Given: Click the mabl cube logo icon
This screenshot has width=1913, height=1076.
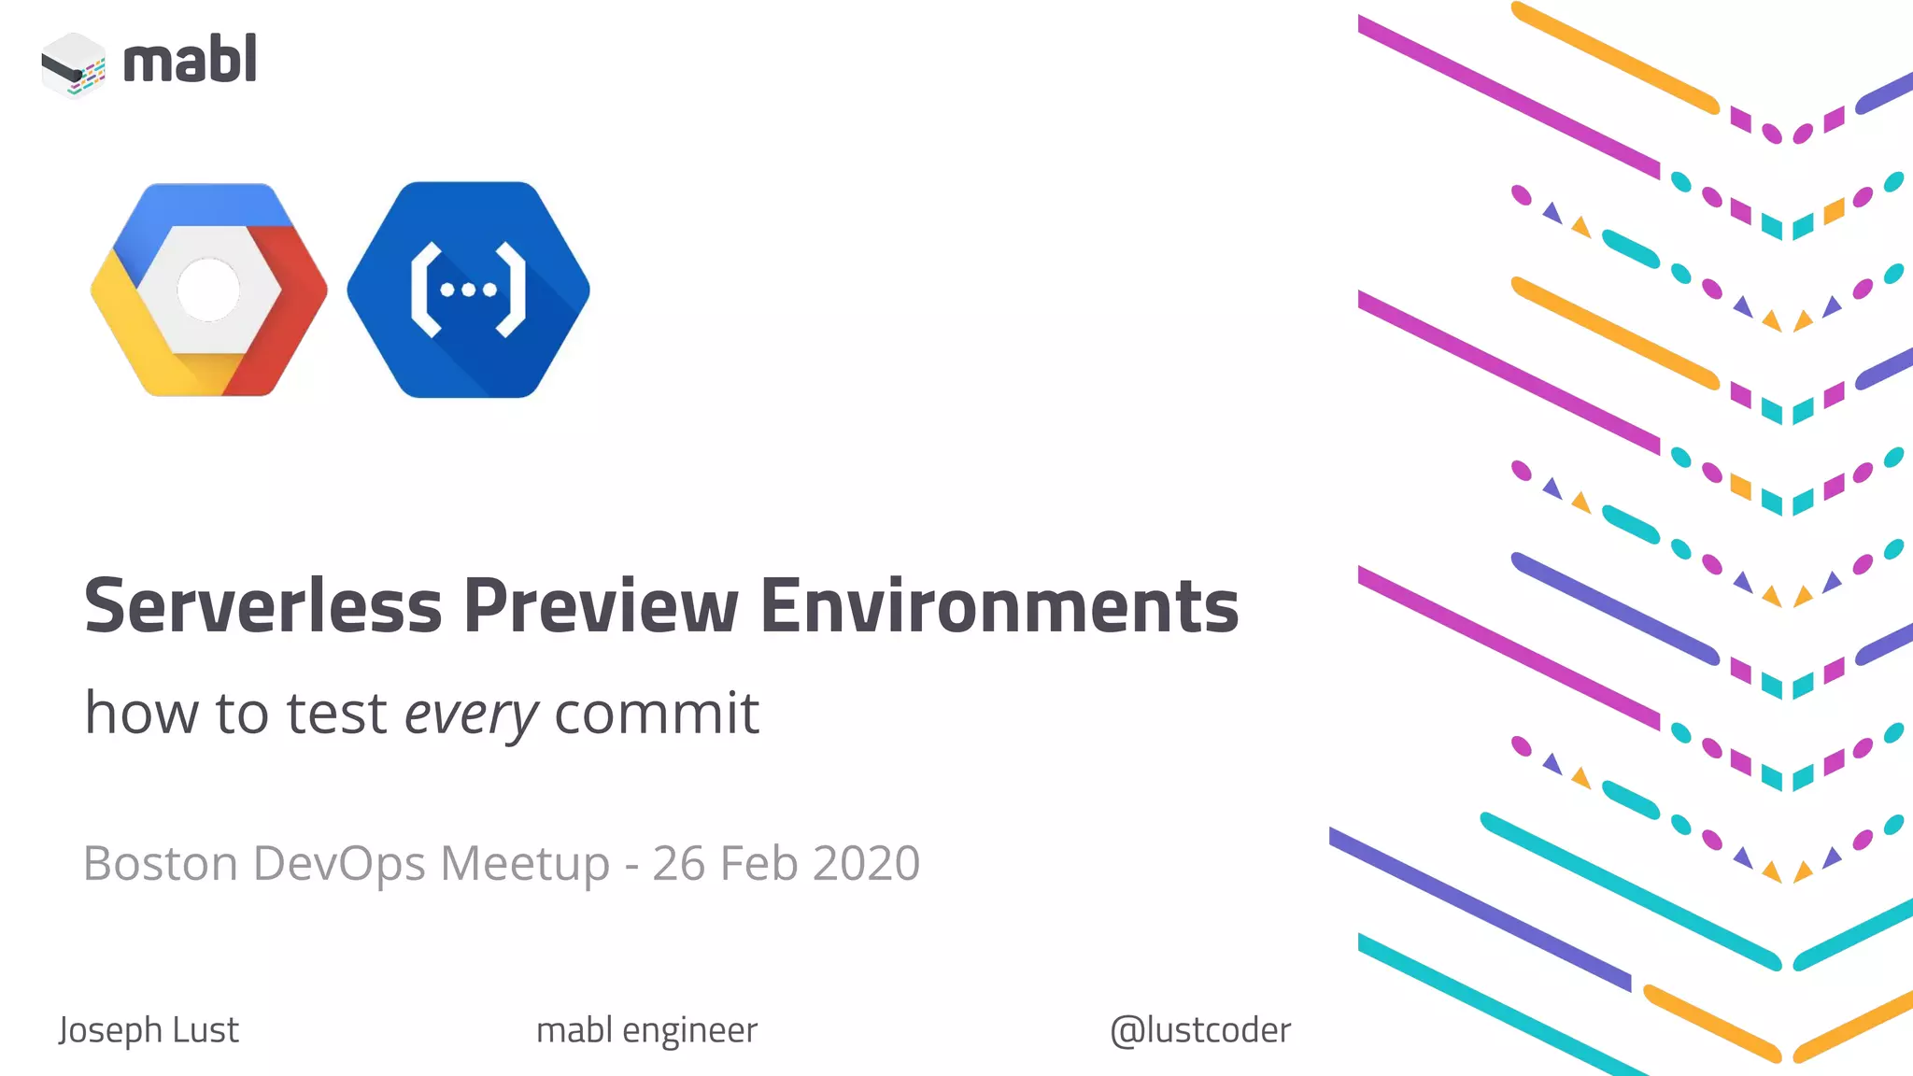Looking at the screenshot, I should point(74,64).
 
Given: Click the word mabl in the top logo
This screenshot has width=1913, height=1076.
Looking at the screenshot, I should point(190,61).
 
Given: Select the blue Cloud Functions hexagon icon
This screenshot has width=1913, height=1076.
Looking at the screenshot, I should point(468,290).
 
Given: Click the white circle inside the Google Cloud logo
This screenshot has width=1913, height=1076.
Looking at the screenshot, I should point(208,290).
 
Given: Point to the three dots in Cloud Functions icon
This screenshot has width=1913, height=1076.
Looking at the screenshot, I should point(468,290).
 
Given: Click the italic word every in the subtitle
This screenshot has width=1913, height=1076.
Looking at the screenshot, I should point(471,714).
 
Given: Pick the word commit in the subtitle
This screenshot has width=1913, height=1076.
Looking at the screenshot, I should point(657,714).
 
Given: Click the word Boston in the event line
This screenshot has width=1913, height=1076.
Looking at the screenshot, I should point(161,863).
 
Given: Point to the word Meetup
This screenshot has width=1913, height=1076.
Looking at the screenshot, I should point(524,863).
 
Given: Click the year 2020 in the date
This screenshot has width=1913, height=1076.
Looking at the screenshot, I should point(866,863).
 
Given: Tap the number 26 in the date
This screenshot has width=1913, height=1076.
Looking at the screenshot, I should point(678,863).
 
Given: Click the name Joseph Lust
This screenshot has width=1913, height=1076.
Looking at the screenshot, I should point(149,1030).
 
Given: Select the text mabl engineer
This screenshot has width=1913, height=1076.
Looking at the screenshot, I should point(646,1030).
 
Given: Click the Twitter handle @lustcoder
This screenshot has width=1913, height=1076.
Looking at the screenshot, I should point(1200,1030).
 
